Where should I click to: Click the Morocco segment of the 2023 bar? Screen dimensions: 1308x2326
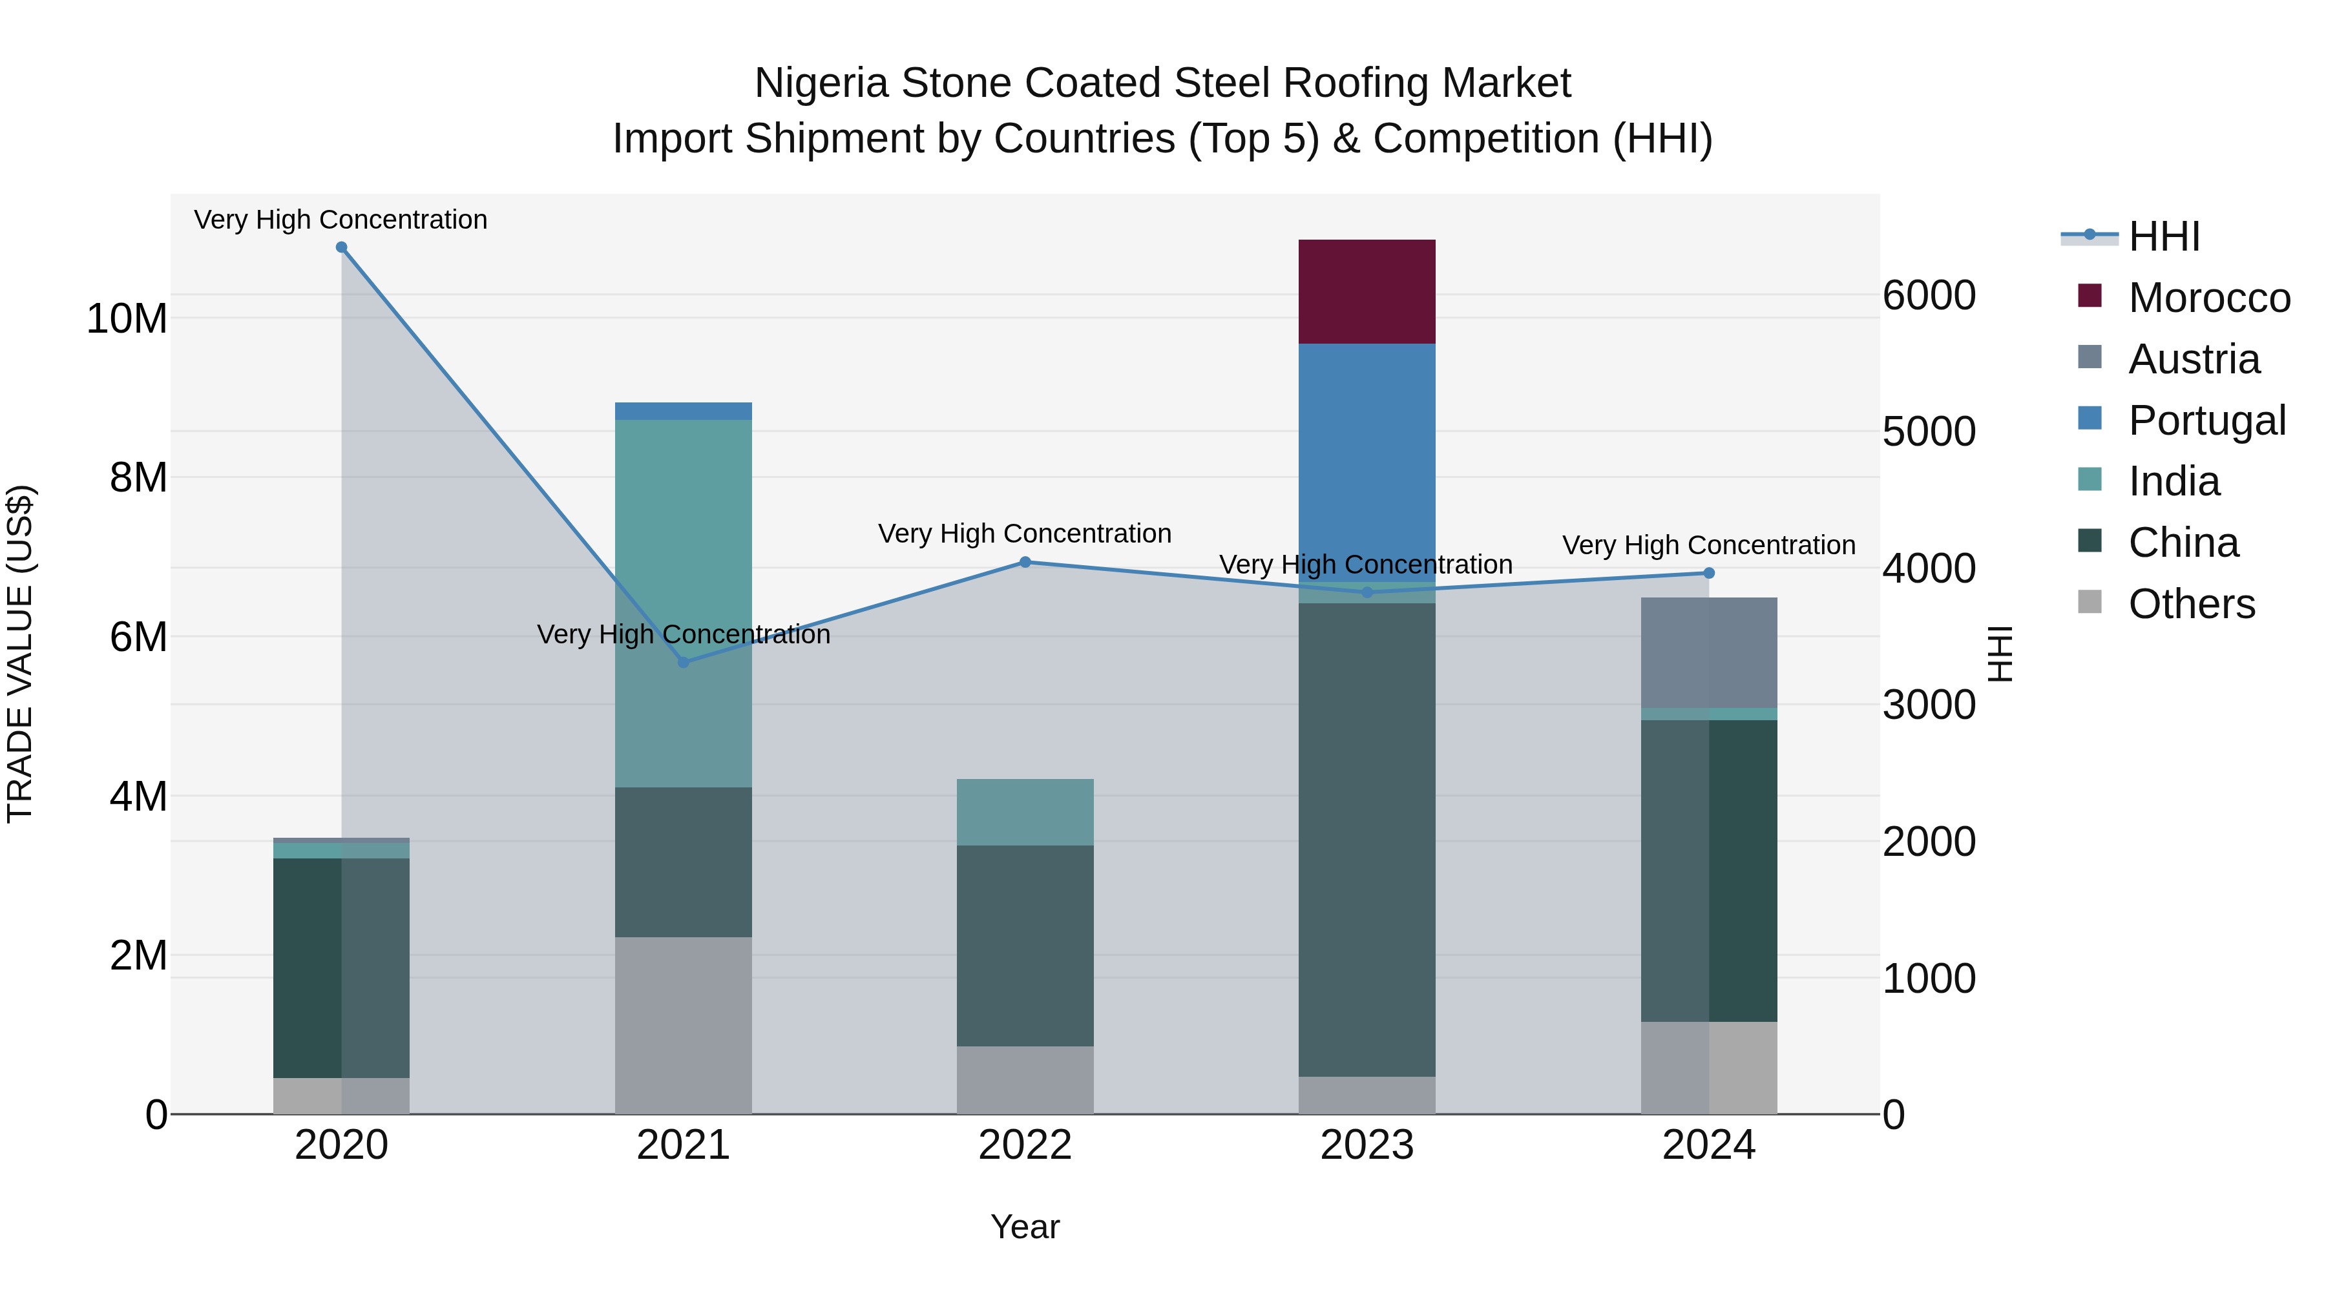pyautogui.click(x=1366, y=291)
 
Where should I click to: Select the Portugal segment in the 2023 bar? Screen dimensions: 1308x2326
pyautogui.click(x=1366, y=452)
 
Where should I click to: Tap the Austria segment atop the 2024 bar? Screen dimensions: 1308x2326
pyautogui.click(x=1708, y=652)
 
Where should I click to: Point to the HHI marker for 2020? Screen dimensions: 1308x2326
pyautogui.click(x=341, y=247)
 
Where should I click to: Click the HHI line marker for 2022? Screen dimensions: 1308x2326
pyautogui.click(x=1025, y=563)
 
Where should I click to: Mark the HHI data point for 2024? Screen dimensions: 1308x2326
pyautogui.click(x=1708, y=573)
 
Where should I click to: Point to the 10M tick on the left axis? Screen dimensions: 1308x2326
pyautogui.click(x=127, y=318)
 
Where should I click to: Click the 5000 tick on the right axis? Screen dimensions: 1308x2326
pyautogui.click(x=1929, y=431)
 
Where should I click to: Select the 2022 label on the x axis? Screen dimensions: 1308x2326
pyautogui.click(x=1025, y=1145)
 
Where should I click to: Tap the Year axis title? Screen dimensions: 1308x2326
pyautogui.click(x=1025, y=1227)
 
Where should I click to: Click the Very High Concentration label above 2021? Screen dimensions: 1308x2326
pyautogui.click(x=683, y=634)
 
